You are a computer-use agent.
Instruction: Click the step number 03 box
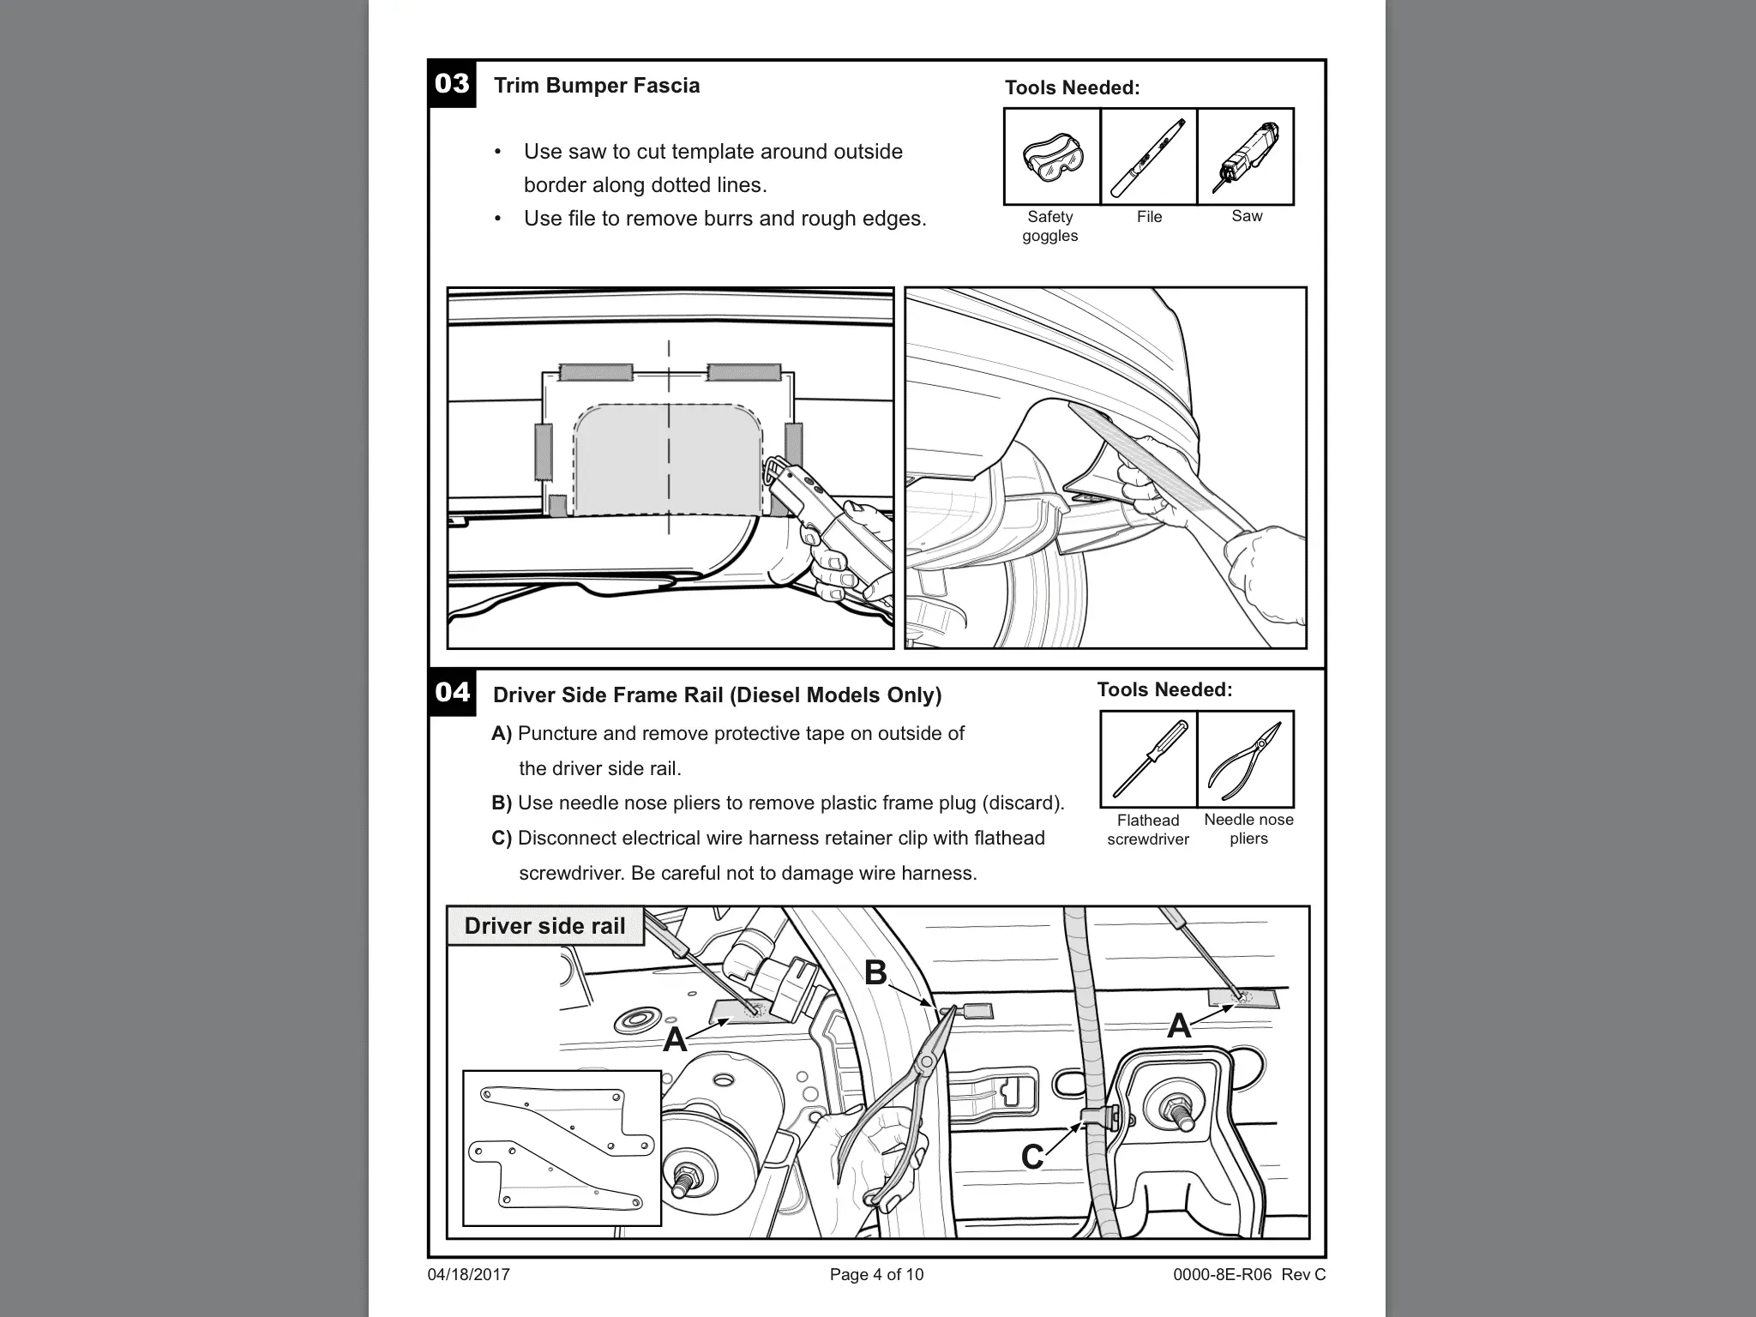click(x=452, y=84)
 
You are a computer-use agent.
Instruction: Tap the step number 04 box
click(x=452, y=692)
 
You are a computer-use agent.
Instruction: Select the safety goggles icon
click(x=1052, y=157)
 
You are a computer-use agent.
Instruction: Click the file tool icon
click(x=1149, y=157)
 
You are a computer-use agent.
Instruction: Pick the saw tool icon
click(x=1246, y=157)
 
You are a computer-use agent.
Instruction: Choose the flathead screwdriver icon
click(x=1149, y=760)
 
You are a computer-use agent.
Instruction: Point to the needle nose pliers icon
click(x=1246, y=760)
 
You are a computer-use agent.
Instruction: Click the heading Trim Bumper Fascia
click(x=597, y=86)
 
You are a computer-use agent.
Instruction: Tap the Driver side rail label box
click(x=544, y=926)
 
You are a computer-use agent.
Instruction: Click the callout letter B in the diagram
click(x=875, y=972)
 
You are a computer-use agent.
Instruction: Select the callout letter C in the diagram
click(x=1032, y=1157)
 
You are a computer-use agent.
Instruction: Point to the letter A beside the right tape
click(x=1179, y=1025)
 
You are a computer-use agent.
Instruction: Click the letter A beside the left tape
click(x=675, y=1039)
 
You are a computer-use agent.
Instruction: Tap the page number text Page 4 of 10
click(x=876, y=1275)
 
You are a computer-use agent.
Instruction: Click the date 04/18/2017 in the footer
click(x=468, y=1275)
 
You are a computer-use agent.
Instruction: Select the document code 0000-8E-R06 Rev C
click(x=1249, y=1275)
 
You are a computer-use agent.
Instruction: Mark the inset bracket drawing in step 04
click(x=562, y=1147)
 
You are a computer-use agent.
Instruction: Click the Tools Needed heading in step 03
click(x=1072, y=87)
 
